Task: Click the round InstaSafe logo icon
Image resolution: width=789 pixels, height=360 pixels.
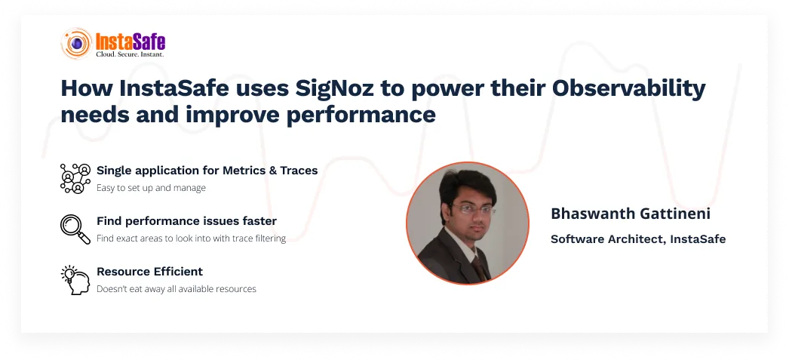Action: pos(76,43)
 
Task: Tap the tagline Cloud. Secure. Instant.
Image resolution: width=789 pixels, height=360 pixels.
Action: pos(130,54)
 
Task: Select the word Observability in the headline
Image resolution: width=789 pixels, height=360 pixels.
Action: pos(628,90)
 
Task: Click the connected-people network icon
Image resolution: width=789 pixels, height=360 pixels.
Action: pos(75,178)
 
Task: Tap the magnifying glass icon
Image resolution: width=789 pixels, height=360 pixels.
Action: pos(75,229)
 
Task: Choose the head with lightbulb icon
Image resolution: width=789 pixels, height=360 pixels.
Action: pos(75,280)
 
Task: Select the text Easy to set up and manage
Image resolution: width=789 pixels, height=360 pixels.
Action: pos(151,188)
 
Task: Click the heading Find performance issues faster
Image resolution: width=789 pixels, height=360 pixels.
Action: pos(186,221)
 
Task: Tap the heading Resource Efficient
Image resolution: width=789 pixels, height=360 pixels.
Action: pos(149,272)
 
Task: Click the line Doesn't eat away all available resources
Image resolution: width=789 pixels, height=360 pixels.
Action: pos(177,289)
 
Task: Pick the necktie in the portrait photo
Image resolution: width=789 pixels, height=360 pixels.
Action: pos(479,267)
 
